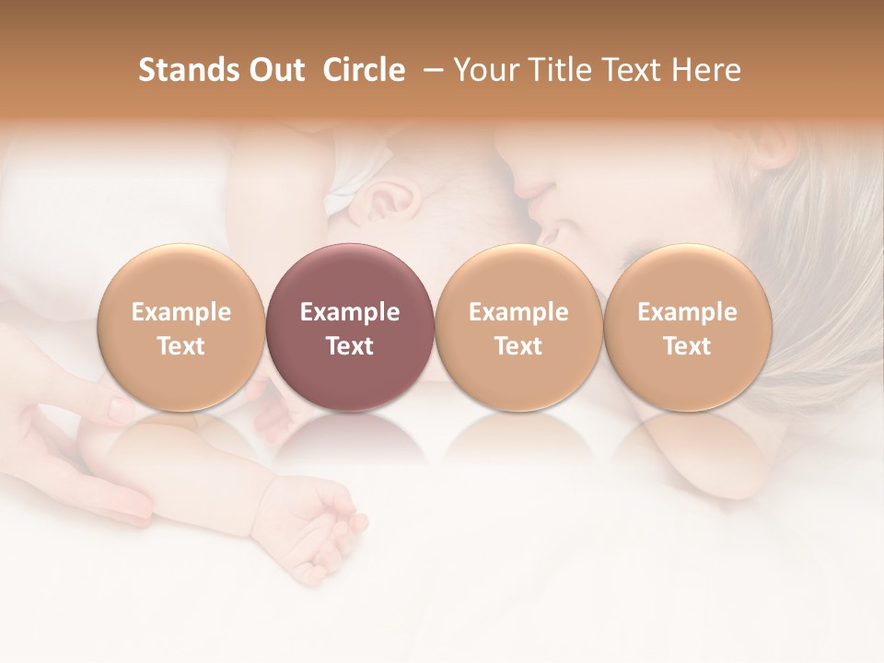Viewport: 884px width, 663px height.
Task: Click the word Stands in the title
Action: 188,70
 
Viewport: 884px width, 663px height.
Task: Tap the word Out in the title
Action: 275,70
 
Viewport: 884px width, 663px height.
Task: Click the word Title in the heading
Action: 556,70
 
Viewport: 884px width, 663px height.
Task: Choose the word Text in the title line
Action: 629,70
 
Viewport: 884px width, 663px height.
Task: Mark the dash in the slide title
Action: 430,70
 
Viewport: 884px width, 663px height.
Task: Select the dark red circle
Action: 349,327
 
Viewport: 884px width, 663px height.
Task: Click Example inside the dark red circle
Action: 349,312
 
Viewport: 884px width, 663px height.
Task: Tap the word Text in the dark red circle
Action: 349,346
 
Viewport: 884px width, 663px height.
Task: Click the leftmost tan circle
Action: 180,327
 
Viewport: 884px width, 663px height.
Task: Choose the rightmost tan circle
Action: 687,327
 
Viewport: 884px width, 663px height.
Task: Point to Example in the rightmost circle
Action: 687,312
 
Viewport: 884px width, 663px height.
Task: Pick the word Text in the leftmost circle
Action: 180,346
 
